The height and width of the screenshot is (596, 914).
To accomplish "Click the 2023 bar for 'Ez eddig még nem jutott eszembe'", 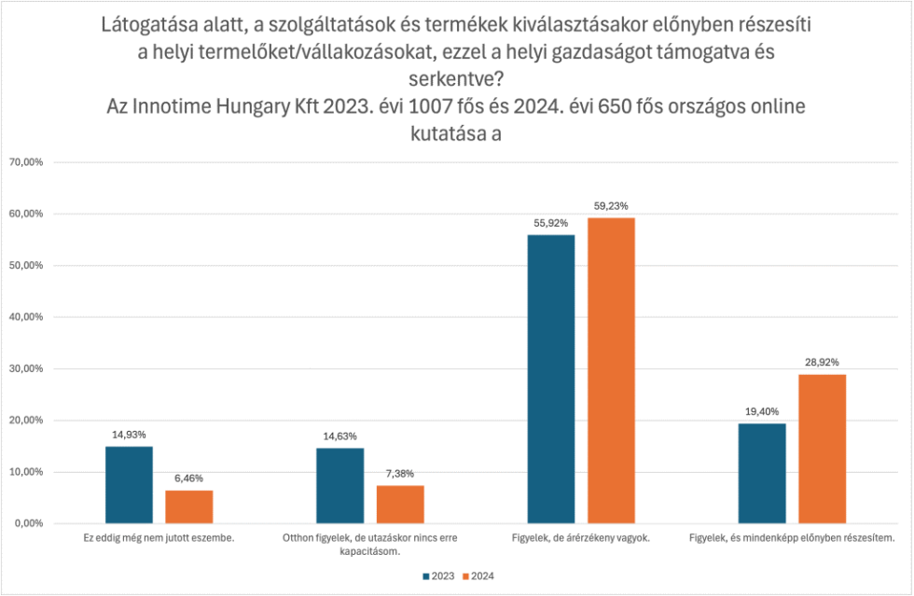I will (x=129, y=485).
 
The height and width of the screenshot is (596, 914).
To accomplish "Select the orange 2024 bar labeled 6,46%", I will (x=189, y=506).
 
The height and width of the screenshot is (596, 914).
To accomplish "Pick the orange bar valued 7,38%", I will (x=400, y=504).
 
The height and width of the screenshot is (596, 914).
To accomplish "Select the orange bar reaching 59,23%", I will (x=611, y=370).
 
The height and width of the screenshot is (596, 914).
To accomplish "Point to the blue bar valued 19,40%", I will (x=762, y=473).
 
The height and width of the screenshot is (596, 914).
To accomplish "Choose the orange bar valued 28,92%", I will (x=822, y=449).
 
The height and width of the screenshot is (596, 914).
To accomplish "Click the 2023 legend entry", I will (x=439, y=575).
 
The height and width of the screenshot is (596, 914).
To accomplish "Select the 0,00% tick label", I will (x=31, y=523).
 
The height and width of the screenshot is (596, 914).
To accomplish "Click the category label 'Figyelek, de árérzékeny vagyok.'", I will (x=581, y=538).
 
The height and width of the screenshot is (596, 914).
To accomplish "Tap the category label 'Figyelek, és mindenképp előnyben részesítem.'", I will (x=792, y=538).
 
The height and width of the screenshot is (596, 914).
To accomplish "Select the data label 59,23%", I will (x=611, y=205).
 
